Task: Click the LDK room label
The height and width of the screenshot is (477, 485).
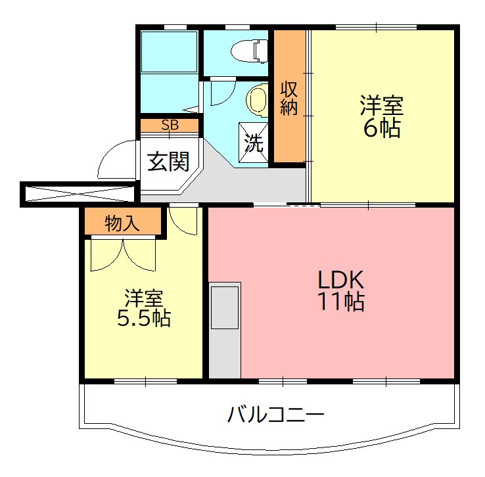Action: pyautogui.click(x=341, y=279)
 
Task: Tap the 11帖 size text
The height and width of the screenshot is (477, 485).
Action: pyautogui.click(x=341, y=302)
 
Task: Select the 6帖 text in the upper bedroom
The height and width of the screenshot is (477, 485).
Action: pyautogui.click(x=381, y=128)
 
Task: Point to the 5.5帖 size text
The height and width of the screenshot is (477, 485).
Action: pyautogui.click(x=144, y=319)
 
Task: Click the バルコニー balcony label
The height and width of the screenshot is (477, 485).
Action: pyautogui.click(x=276, y=415)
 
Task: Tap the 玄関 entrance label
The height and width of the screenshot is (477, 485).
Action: pyautogui.click(x=168, y=162)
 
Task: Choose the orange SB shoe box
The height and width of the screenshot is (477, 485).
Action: pyautogui.click(x=170, y=125)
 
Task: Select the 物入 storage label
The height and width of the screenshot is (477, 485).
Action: pyautogui.click(x=122, y=223)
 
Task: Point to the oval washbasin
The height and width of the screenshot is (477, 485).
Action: pyautogui.click(x=256, y=101)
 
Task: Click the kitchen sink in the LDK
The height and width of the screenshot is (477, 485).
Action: pyautogui.click(x=225, y=307)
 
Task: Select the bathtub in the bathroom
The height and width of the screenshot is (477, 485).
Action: pyautogui.click(x=170, y=51)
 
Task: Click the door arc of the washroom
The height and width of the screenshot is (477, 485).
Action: pyautogui.click(x=220, y=92)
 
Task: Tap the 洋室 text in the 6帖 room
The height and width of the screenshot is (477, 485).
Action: pyautogui.click(x=381, y=105)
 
